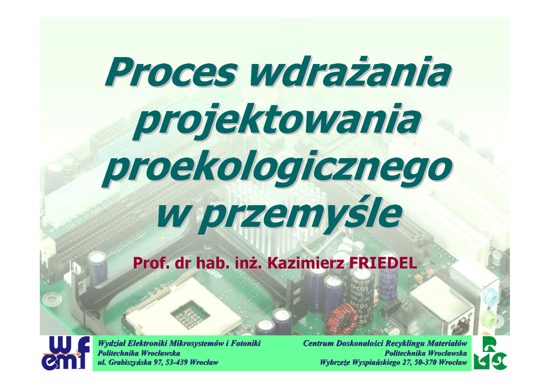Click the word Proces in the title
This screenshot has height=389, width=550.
[171, 72]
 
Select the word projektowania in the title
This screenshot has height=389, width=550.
[277, 121]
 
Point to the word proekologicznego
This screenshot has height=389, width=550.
[277, 168]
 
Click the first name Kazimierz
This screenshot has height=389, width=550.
[305, 263]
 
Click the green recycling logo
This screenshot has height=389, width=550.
[490, 353]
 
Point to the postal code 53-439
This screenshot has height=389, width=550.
[175, 362]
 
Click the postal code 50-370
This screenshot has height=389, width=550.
[426, 362]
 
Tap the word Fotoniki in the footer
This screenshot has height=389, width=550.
[247, 343]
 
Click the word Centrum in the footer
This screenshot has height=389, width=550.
[318, 343]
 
